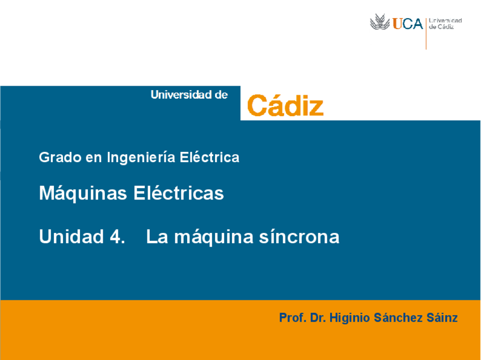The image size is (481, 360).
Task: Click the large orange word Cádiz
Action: click(x=285, y=105)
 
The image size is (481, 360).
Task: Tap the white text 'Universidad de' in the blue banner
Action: click(x=189, y=95)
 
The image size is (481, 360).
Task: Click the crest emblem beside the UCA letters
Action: click(x=380, y=23)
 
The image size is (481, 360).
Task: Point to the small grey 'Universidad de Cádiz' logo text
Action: click(x=445, y=23)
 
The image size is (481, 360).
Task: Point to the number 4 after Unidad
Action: click(x=115, y=236)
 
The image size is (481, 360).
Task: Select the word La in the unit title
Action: click(x=157, y=236)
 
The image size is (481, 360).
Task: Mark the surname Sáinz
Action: click(x=442, y=317)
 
